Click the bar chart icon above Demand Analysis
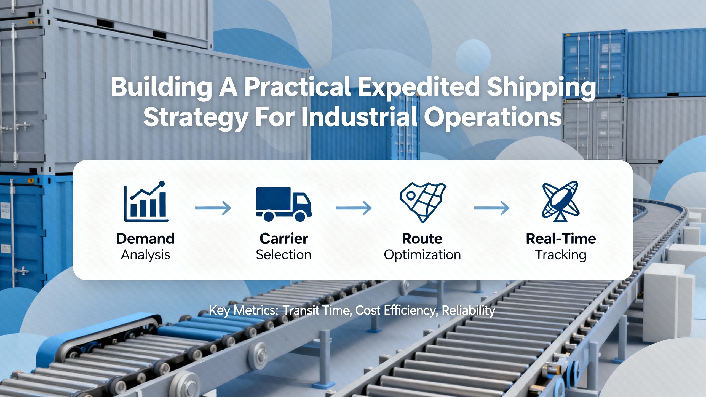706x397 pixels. tap(146, 201)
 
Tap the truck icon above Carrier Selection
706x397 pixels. tap(284, 204)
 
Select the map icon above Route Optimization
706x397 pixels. tap(423, 202)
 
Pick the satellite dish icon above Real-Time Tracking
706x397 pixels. tap(561, 202)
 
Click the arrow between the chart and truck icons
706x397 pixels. tap(213, 208)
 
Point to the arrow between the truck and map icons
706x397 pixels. tap(354, 208)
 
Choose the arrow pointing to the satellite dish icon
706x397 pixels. tap(492, 208)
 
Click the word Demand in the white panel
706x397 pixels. tap(145, 238)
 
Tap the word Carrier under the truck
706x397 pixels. tap(284, 238)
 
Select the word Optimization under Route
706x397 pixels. tap(422, 255)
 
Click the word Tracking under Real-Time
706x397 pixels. tap(561, 255)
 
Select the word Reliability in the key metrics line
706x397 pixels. tap(468, 310)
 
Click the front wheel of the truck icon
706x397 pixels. tap(300, 216)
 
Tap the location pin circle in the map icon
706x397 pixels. tap(411, 196)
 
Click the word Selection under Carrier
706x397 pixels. tap(284, 255)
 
